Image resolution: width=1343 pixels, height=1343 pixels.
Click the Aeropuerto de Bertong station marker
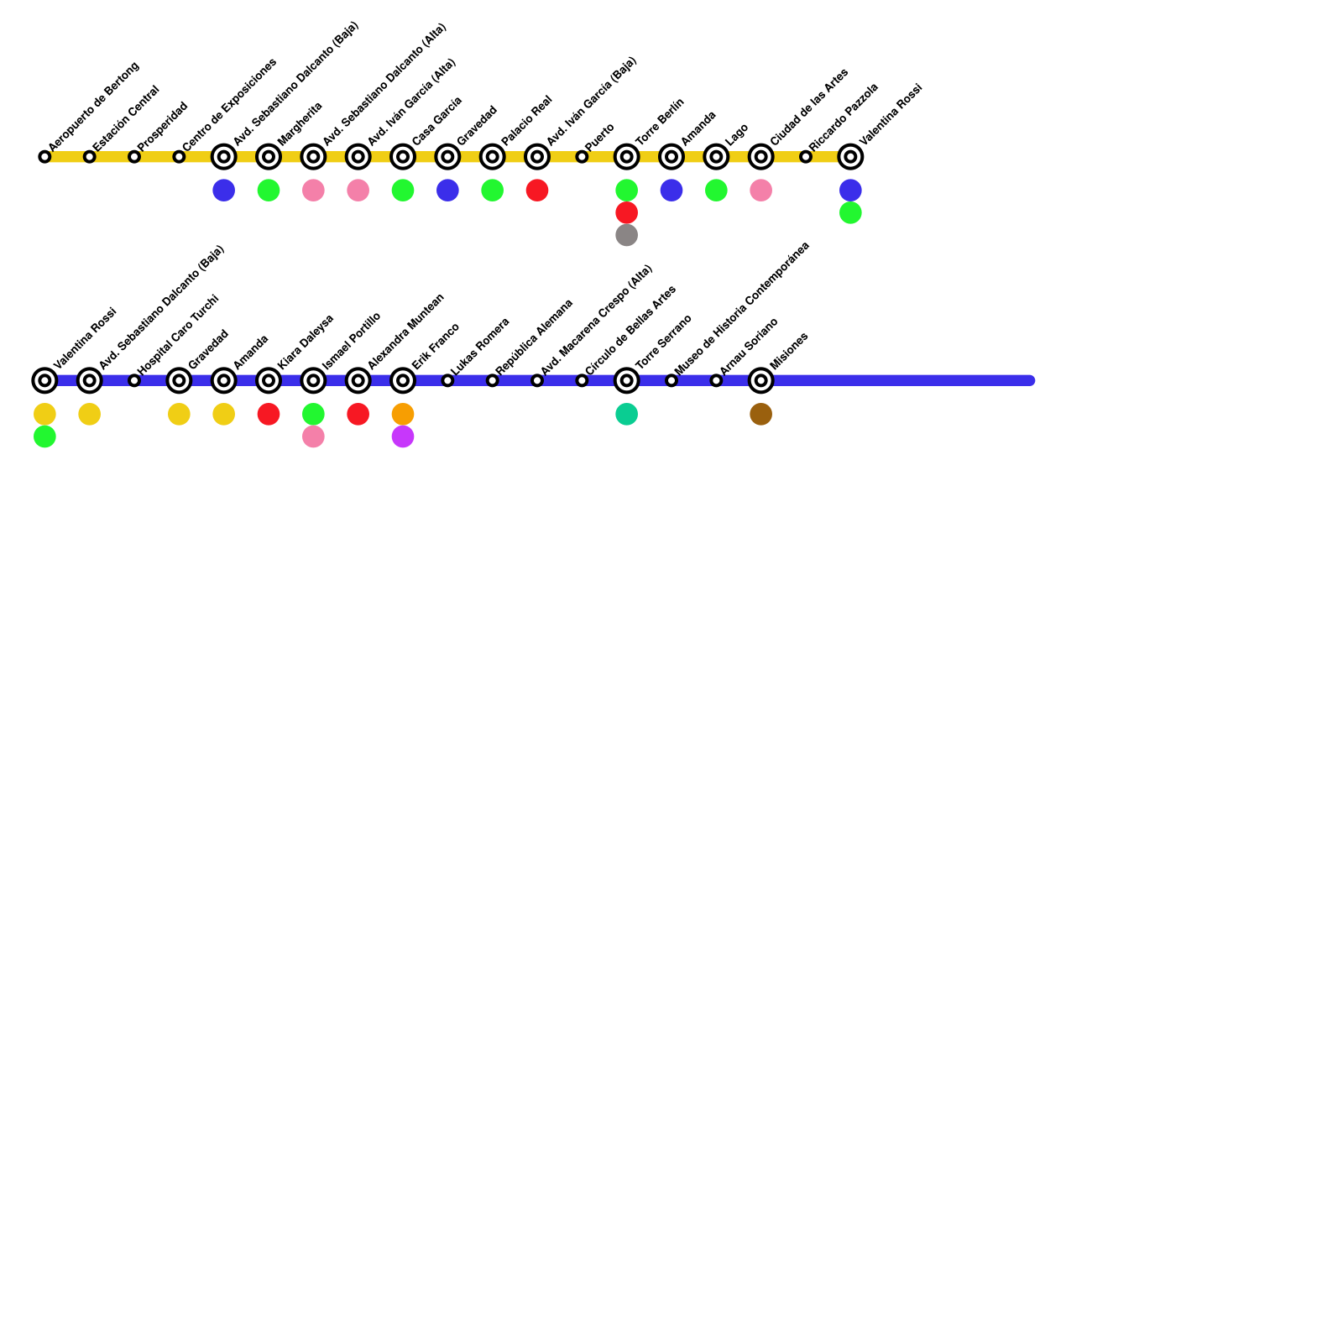pyautogui.click(x=44, y=157)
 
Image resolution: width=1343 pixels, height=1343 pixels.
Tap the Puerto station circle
pyautogui.click(x=582, y=157)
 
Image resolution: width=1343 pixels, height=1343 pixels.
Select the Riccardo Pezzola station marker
pyautogui.click(x=806, y=157)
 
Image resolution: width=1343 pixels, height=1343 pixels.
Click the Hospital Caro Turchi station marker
pyautogui.click(x=134, y=381)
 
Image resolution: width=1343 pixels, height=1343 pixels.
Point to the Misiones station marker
pyautogui.click(x=760, y=381)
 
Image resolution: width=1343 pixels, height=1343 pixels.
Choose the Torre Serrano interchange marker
pyautogui.click(x=626, y=381)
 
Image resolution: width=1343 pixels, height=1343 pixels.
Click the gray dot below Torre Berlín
pyautogui.click(x=626, y=236)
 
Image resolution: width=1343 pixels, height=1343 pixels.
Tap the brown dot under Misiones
pyautogui.click(x=760, y=415)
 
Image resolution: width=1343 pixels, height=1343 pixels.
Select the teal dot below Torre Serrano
pyautogui.click(x=626, y=415)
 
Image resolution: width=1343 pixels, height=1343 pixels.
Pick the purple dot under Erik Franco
pyautogui.click(x=403, y=437)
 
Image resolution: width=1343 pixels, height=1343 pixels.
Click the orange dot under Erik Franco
pyautogui.click(x=403, y=415)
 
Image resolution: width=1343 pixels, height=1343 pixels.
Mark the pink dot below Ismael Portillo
pyautogui.click(x=313, y=437)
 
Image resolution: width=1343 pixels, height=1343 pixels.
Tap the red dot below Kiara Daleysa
pyautogui.click(x=269, y=415)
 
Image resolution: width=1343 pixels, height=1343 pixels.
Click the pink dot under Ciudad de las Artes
pyautogui.click(x=760, y=191)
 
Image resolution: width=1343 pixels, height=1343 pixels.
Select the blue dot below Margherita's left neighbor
pyautogui.click(x=223, y=191)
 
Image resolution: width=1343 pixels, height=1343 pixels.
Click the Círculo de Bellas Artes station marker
pyautogui.click(x=582, y=381)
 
